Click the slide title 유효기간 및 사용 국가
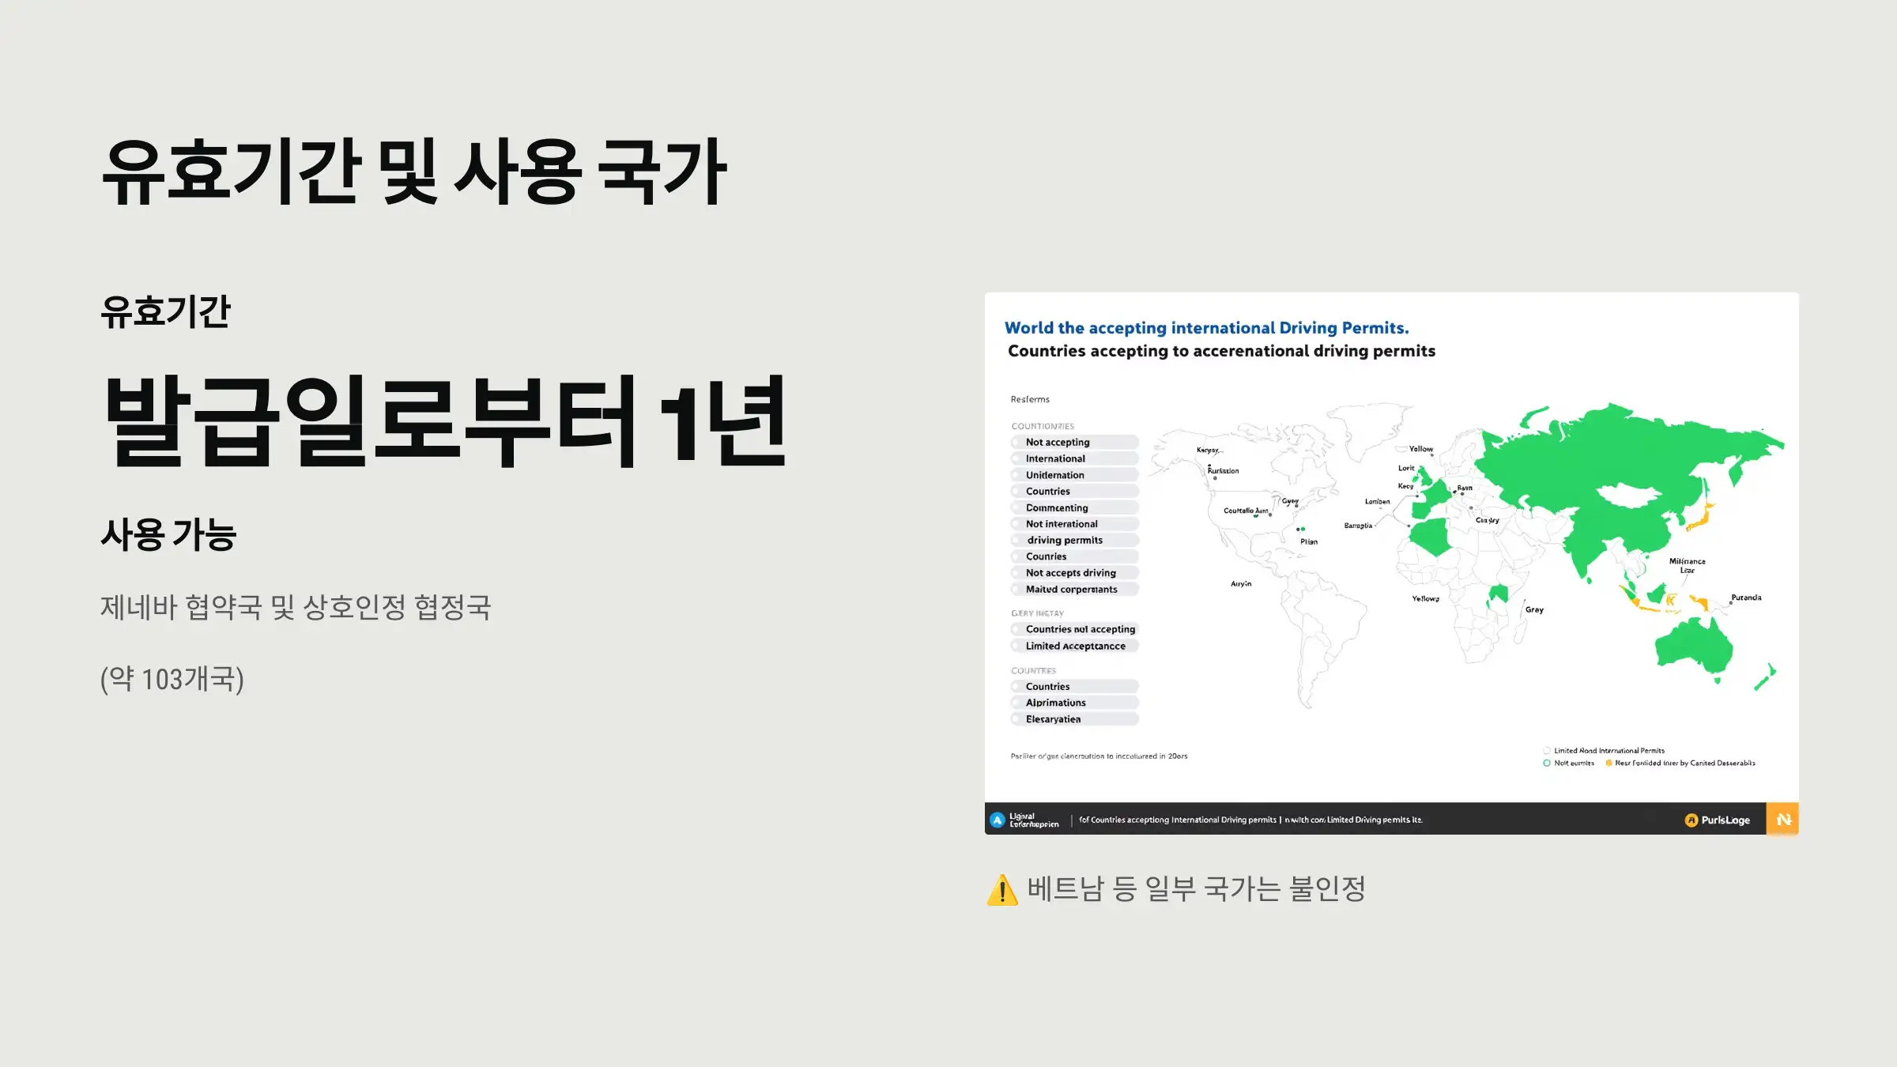414,172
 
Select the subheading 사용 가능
168,535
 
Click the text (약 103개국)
172,679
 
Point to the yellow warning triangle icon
1002,890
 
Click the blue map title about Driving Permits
1206,328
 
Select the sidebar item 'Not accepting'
1058,443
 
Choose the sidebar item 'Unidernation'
1054,475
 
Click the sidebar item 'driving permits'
1065,541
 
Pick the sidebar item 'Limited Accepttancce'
1075,647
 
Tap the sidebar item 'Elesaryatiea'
1053,719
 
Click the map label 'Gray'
1534,610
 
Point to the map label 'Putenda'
1746,598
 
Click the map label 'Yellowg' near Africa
1425,599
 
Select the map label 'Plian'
1309,542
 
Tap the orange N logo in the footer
1782,820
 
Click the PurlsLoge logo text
1725,820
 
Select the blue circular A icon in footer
998,820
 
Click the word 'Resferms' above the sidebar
1030,400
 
